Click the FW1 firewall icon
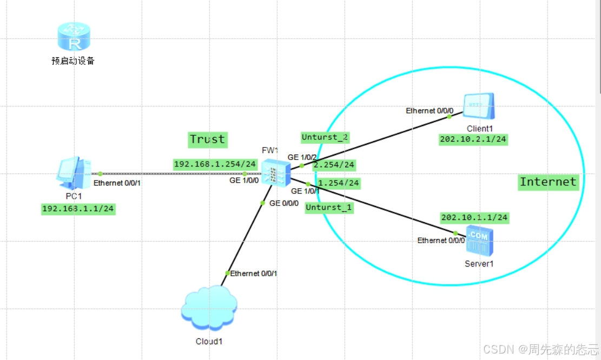pos(275,173)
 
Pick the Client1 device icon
pos(479,106)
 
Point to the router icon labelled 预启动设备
pos(73,37)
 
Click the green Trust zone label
pos(207,139)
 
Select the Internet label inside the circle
pos(548,182)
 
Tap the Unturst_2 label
pos(325,137)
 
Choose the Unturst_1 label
pos(329,208)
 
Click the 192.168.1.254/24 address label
pos(215,164)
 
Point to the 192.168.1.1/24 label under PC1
pos(78,209)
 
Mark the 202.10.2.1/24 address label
pos(473,139)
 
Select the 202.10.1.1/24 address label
pos(474,217)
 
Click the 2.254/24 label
pos(334,165)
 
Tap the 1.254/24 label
pos(339,183)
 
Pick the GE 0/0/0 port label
pos(283,204)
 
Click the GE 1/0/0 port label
pos(243,181)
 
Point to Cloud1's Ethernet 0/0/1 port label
pos(253,274)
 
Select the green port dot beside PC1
pos(100,174)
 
